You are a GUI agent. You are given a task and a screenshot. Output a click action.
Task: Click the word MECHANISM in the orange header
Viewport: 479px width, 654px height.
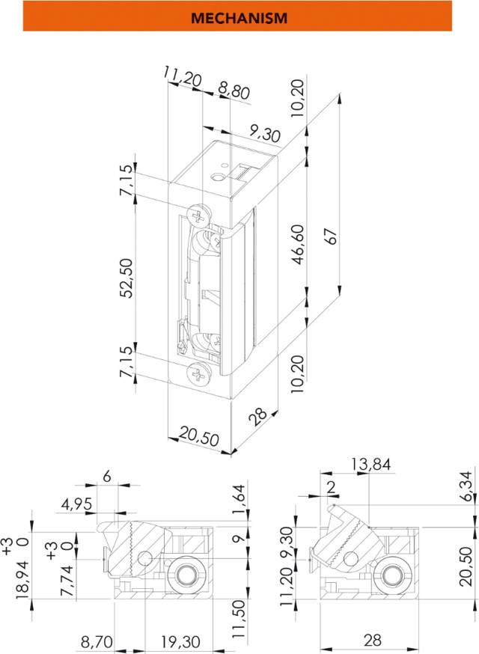(239, 17)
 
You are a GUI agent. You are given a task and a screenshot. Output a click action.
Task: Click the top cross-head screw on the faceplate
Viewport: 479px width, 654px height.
(199, 216)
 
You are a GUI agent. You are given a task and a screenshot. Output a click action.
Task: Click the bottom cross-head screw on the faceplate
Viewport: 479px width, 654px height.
(198, 374)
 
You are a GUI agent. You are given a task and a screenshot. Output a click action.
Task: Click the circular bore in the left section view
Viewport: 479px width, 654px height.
(183, 575)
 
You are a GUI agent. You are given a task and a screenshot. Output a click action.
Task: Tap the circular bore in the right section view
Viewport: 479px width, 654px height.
(390, 575)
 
